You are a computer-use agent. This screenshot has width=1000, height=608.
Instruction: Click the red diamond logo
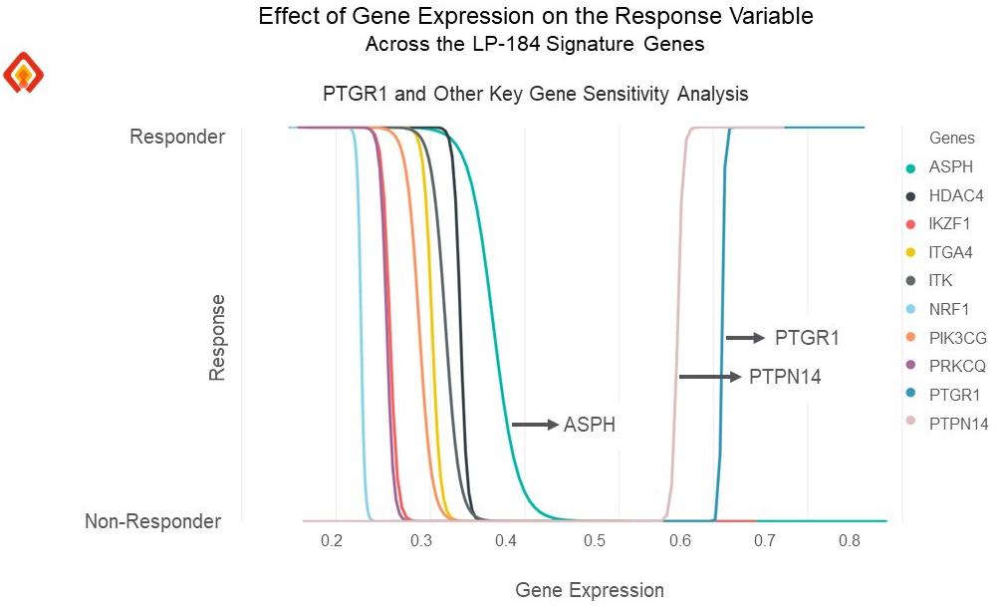click(24, 74)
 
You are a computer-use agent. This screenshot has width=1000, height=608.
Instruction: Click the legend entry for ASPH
click(949, 167)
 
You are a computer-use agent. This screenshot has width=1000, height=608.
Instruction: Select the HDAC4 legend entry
click(954, 196)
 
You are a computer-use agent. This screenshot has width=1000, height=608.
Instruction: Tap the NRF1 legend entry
click(949, 310)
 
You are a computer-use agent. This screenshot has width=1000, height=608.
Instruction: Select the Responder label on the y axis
click(177, 137)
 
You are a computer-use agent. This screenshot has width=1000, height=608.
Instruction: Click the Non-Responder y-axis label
click(152, 521)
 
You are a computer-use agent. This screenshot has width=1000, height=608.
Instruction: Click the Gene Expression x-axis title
click(589, 590)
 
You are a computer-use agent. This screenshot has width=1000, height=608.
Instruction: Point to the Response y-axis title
click(218, 336)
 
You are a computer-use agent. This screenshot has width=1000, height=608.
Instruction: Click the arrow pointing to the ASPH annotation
click(535, 425)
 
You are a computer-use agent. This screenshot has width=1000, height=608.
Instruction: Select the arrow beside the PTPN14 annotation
click(710, 377)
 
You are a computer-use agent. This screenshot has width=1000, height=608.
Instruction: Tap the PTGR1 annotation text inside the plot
click(807, 339)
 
